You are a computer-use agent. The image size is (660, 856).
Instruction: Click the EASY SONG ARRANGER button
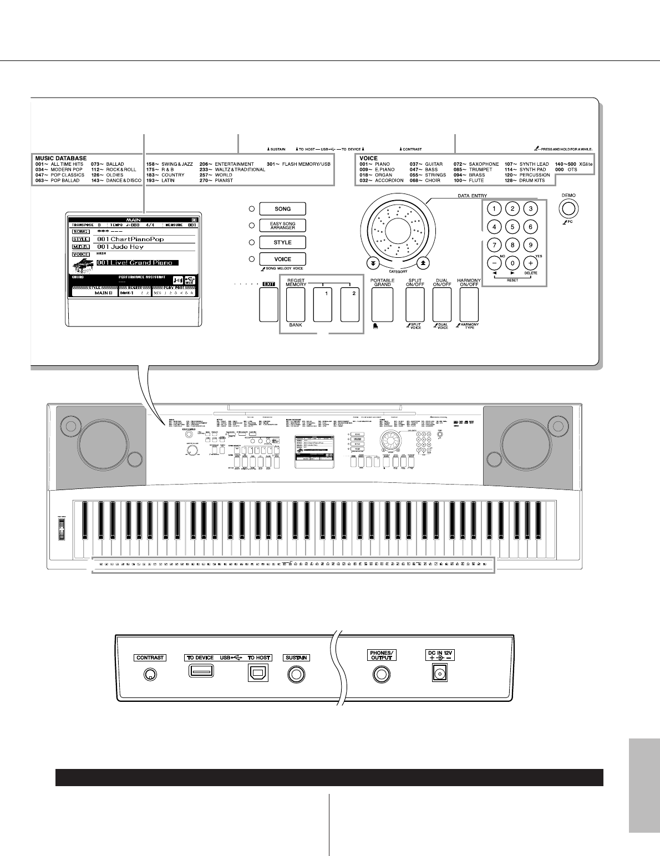coord(283,225)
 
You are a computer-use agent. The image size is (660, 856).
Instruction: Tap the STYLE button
coord(283,242)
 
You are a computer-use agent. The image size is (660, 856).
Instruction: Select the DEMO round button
coord(568,208)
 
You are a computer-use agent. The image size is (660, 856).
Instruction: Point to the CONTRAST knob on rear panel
coord(150,675)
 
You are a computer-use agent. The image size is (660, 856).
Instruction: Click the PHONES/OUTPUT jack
coord(381,675)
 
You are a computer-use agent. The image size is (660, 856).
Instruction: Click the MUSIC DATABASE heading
coord(60,159)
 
